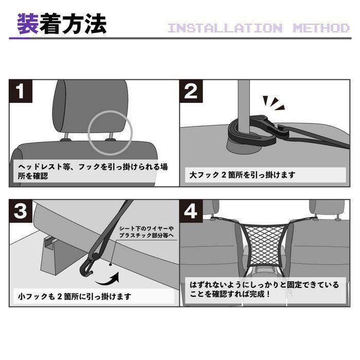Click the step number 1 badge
tap(21, 91)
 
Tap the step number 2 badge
tap(191, 91)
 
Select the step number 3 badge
tap(21, 211)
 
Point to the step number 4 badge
tap(191, 211)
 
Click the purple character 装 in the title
tap(28, 24)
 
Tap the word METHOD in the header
tap(321, 28)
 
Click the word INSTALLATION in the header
tap(225, 28)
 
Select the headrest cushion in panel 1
tap(91, 107)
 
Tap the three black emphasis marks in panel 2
tap(274, 103)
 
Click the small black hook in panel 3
tap(88, 266)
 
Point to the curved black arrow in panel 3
tap(108, 280)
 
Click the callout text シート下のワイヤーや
tap(147, 228)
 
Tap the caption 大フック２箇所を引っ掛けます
tap(242, 175)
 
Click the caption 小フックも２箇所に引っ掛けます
tap(75, 296)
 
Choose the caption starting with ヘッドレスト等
tap(93, 171)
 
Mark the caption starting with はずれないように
tap(264, 289)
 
